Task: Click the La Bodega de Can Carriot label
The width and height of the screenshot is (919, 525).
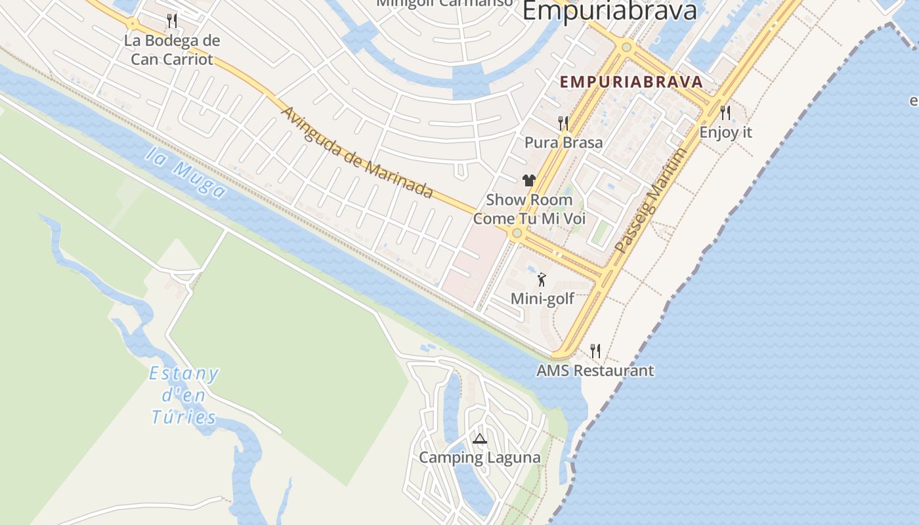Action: tap(172, 50)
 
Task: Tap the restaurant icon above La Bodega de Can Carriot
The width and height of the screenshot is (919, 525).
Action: tap(172, 21)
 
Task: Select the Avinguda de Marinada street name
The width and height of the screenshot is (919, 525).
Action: tap(356, 152)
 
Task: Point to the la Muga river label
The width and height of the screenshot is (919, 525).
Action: tap(186, 173)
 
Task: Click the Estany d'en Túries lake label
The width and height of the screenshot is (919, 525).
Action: tap(184, 395)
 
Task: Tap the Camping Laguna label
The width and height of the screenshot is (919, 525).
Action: tap(480, 457)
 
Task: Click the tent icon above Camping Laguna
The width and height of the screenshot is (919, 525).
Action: tap(480, 438)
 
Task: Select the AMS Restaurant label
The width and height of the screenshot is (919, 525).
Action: tap(595, 370)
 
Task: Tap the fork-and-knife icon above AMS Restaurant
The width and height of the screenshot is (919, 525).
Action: tap(595, 351)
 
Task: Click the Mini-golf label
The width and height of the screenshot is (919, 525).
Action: tap(542, 299)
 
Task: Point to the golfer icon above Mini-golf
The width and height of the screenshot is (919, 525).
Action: tap(542, 280)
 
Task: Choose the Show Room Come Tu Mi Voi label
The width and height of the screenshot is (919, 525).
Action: tap(529, 209)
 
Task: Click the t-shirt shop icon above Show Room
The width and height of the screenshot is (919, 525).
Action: tap(529, 180)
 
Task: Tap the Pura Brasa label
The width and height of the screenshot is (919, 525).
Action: tap(563, 142)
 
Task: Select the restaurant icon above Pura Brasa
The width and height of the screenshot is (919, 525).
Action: tap(563, 123)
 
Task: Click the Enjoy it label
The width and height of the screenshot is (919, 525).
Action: tap(725, 132)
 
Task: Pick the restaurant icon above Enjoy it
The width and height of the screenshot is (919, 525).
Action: tap(725, 113)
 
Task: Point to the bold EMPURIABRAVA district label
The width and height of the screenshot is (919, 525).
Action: tap(631, 82)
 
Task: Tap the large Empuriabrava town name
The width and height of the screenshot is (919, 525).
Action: tap(609, 11)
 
